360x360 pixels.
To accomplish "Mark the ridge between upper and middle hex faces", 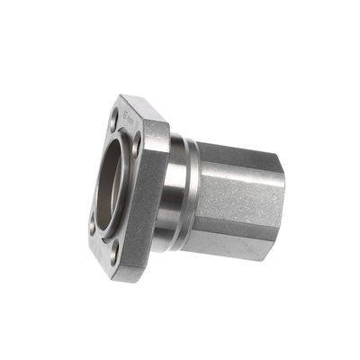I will coord(238,175).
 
